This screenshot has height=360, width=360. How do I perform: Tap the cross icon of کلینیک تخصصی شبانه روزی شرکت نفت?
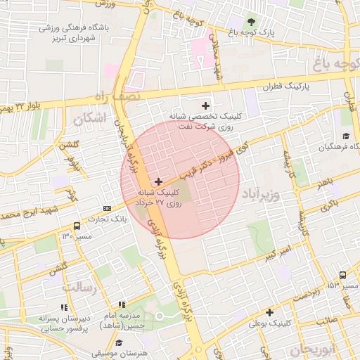tap(205, 105)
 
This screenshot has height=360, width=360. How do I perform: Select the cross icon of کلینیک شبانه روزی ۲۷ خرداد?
tap(158, 181)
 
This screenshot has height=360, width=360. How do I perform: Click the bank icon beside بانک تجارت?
tap(107, 208)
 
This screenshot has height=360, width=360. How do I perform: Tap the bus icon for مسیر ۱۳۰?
tap(77, 226)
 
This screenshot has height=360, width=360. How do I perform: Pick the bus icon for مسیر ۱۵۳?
tap(342, 276)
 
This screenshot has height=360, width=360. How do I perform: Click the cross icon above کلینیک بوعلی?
tap(269, 312)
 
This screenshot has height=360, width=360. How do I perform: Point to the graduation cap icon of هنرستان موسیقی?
tap(119, 342)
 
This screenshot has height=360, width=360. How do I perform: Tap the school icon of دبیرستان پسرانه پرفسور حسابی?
tap(64, 307)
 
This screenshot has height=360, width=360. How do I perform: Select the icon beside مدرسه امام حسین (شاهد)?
tap(122, 304)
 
